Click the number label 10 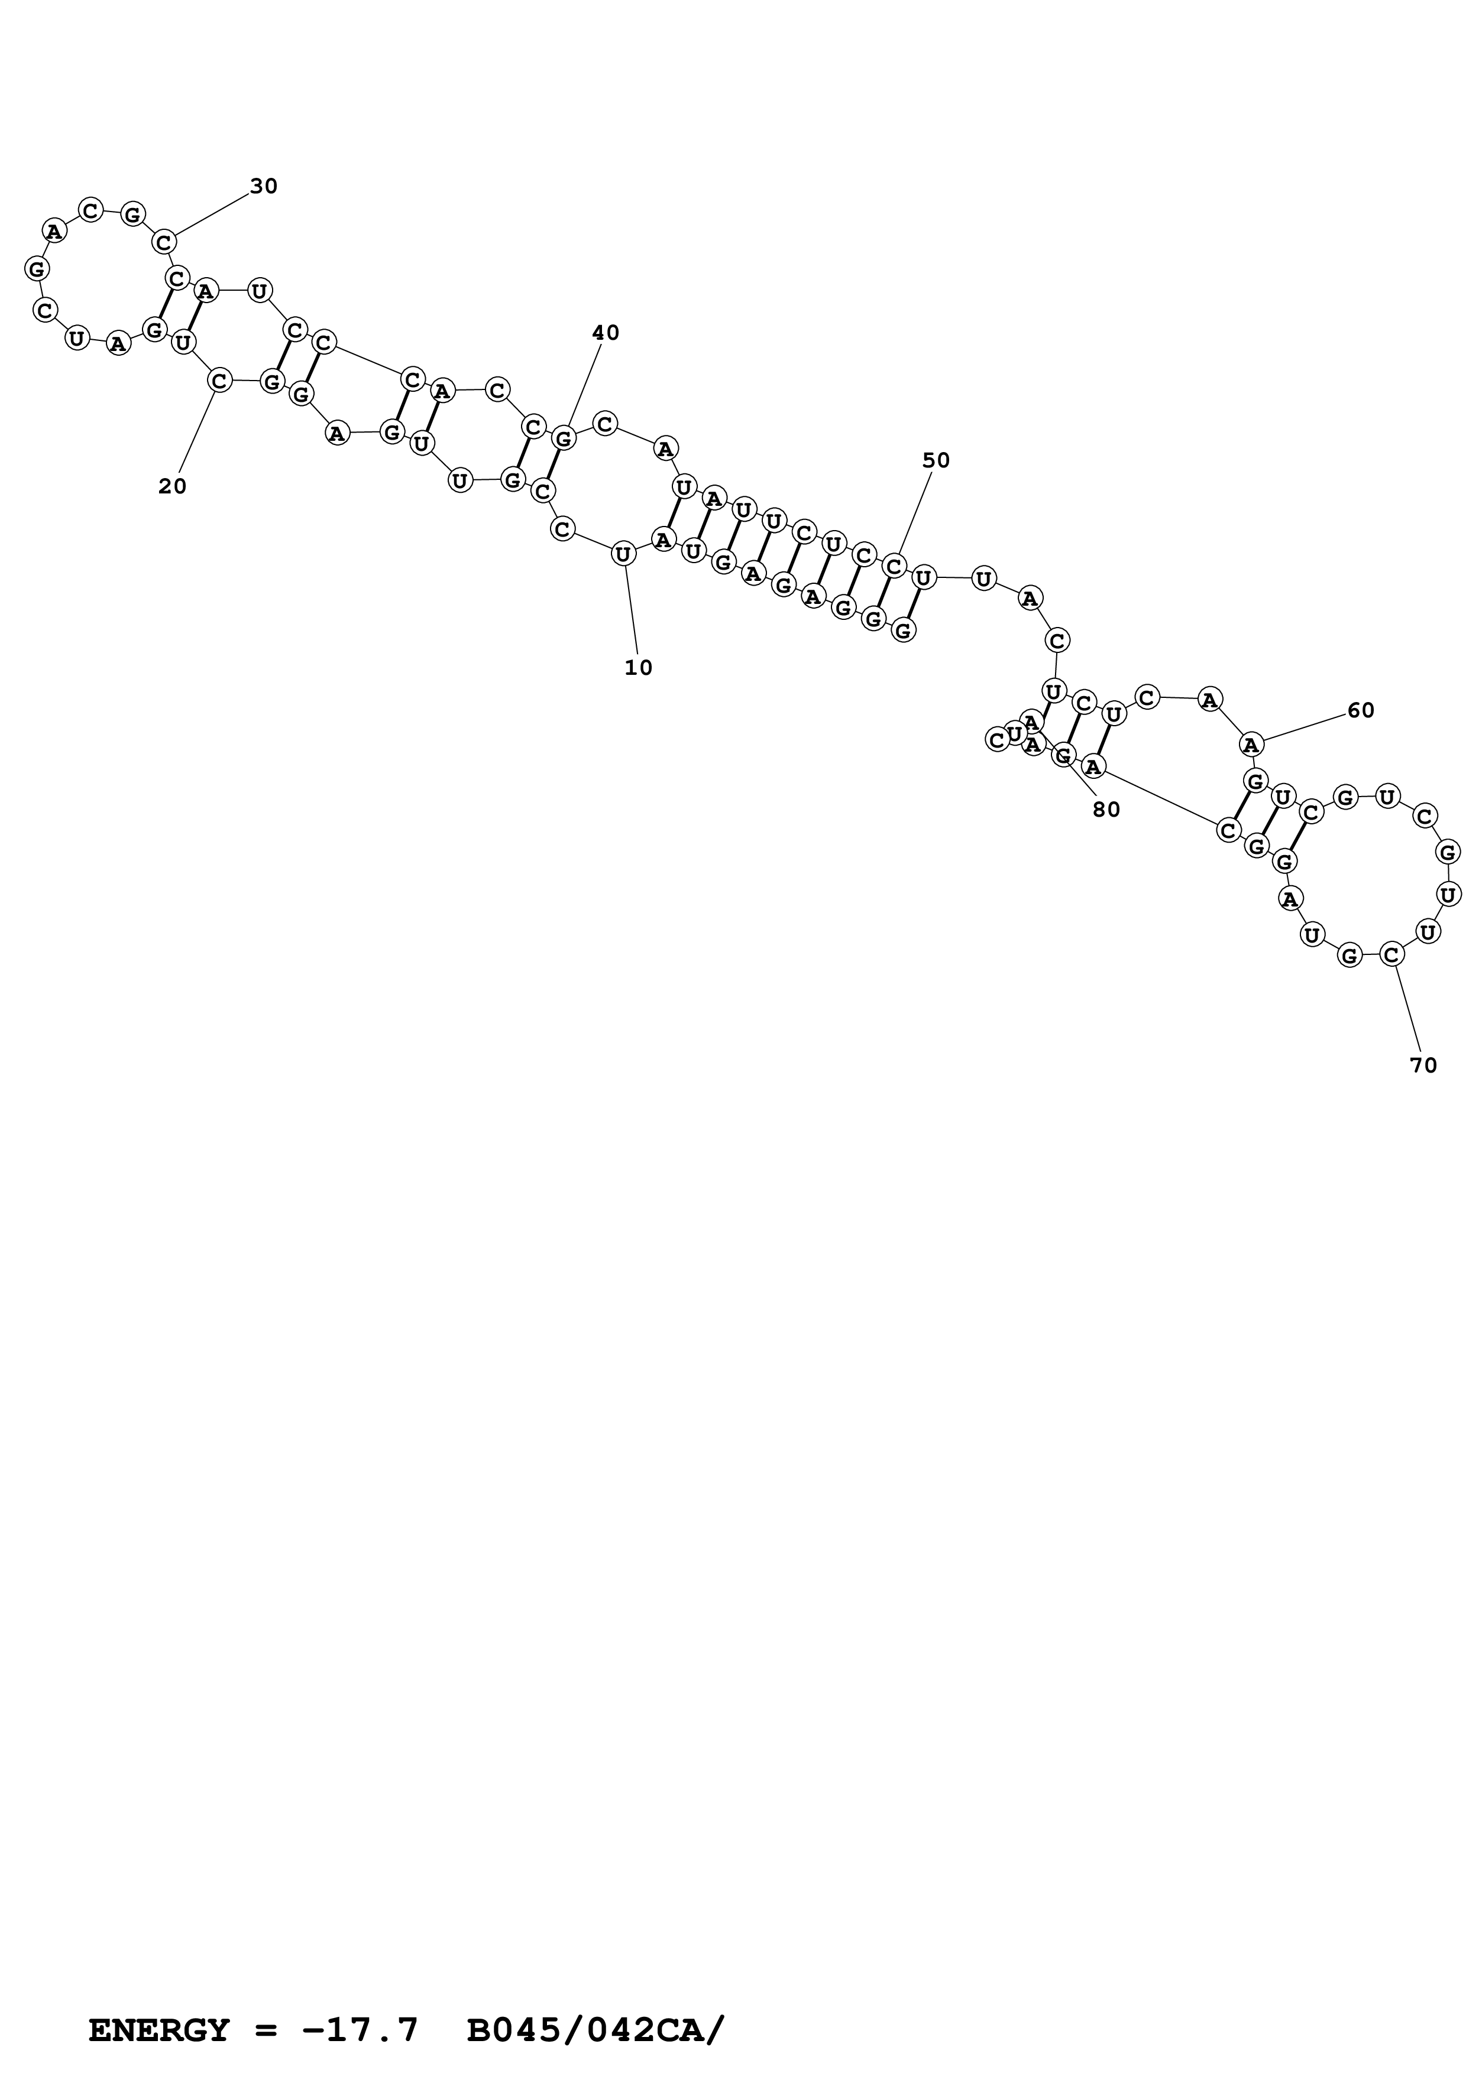637,668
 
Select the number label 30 264,187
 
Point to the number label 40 605,333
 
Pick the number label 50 936,460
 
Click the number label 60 1360,710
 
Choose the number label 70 1423,1065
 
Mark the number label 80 1106,811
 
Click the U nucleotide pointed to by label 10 622,554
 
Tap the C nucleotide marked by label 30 163,242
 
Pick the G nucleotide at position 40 564,439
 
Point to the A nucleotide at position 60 1251,745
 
